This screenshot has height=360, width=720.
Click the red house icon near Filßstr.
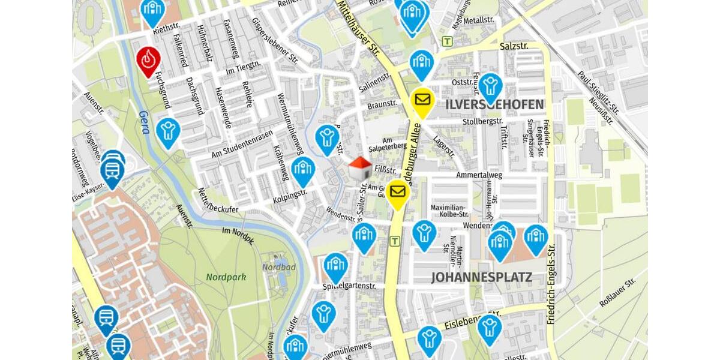click(360, 169)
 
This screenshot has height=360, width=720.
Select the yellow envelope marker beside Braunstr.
click(422, 100)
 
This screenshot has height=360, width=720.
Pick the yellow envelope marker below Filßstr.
click(397, 192)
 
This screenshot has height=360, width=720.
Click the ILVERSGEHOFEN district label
click(495, 104)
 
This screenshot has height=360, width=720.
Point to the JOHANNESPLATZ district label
click(481, 277)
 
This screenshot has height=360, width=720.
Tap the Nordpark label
click(226, 277)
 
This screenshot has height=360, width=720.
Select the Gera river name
click(143, 123)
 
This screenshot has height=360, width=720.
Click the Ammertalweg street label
click(479, 175)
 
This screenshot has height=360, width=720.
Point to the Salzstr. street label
click(514, 46)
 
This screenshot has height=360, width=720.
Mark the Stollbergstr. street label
click(482, 121)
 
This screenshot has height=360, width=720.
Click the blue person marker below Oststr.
click(490, 86)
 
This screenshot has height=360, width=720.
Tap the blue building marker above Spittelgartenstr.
click(335, 265)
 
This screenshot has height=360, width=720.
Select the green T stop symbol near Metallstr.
click(447, 41)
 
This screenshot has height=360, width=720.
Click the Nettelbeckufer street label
click(218, 202)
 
